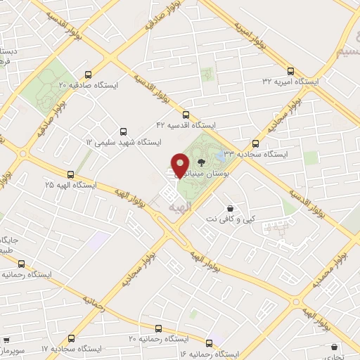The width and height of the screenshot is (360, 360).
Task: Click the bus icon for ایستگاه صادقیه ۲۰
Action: [88, 74]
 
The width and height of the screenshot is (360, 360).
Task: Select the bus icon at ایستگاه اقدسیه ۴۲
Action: [186, 114]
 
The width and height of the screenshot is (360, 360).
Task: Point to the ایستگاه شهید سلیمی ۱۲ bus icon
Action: [124, 131]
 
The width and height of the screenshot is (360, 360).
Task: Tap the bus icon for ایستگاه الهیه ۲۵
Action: [70, 174]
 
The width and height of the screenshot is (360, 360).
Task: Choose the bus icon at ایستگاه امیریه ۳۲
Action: [290, 70]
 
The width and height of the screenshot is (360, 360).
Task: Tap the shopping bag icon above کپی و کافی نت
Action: [231, 207]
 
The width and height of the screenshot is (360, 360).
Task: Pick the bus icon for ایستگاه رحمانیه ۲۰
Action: [158, 328]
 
